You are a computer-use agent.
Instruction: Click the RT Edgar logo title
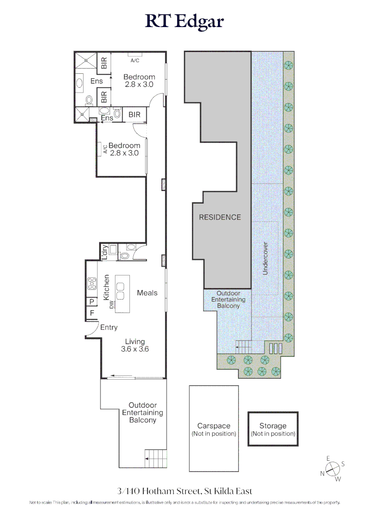[x=184, y=22]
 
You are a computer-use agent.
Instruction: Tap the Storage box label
[x=273, y=426]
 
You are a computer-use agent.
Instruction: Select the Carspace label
[x=213, y=426]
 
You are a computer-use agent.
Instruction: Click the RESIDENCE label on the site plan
[x=220, y=217]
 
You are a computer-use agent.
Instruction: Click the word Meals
[x=147, y=293]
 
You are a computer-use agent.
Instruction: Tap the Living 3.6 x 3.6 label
[x=135, y=345]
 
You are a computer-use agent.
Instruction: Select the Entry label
[x=109, y=328]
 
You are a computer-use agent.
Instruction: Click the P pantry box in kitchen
[x=91, y=302]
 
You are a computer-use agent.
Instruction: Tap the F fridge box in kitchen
[x=91, y=314]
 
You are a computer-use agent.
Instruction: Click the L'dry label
[x=104, y=252]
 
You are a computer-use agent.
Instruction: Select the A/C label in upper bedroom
[x=135, y=60]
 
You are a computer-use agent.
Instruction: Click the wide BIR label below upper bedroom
[x=135, y=115]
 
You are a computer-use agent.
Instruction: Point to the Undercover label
[x=265, y=259]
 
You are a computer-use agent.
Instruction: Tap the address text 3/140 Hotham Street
[x=184, y=491]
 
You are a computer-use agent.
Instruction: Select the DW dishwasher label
[x=112, y=305]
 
